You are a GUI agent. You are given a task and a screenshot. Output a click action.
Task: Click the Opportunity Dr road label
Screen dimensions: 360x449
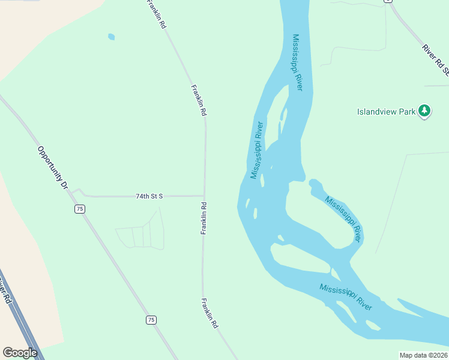click(53, 168)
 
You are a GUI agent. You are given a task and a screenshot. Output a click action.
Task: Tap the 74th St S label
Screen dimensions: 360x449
click(149, 196)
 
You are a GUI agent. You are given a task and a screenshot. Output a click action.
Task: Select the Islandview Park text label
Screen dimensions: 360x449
click(386, 112)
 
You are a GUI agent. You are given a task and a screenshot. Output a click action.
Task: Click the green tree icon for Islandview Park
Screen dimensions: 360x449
click(425, 110)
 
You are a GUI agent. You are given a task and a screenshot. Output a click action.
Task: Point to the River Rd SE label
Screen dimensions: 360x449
click(436, 59)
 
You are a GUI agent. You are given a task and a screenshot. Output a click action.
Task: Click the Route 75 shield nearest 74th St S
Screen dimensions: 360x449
click(80, 209)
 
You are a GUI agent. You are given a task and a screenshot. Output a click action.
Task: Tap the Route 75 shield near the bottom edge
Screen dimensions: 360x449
click(151, 320)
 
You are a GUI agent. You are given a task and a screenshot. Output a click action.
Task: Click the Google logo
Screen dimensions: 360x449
click(20, 353)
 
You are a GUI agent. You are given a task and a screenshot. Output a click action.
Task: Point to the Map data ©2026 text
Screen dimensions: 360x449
click(423, 355)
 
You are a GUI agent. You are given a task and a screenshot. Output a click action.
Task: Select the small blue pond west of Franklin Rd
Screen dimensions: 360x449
click(111, 37)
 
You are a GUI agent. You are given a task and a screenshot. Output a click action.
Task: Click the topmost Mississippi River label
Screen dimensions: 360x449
click(298, 62)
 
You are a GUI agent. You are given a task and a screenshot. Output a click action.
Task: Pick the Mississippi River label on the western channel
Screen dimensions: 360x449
click(258, 150)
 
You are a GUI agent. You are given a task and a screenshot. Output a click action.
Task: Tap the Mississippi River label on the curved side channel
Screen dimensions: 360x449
click(344, 218)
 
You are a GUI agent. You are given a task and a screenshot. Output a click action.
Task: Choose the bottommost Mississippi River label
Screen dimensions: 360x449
click(346, 296)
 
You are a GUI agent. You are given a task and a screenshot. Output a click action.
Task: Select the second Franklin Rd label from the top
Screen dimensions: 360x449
click(199, 100)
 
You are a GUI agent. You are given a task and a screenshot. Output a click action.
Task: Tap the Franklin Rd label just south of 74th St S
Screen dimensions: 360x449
click(204, 218)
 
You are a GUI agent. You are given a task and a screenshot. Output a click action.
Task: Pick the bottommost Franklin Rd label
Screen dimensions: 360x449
click(209, 313)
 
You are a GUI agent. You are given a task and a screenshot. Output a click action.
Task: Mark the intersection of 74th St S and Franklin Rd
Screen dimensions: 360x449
click(205, 196)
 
